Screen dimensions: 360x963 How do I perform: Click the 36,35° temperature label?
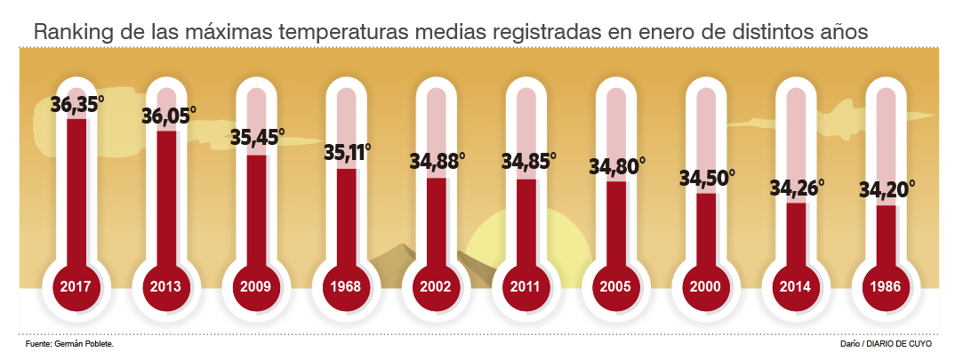click(x=77, y=106)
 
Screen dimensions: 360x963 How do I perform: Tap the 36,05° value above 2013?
click(x=169, y=117)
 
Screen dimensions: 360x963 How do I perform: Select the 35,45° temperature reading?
click(x=257, y=140)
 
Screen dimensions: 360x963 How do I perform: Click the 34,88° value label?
click(x=437, y=163)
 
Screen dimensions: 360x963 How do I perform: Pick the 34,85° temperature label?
click(x=528, y=163)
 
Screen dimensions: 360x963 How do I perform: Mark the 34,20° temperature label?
click(x=887, y=189)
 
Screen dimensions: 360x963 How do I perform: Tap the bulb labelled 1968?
click(x=346, y=287)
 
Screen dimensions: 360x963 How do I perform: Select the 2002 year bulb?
click(x=436, y=287)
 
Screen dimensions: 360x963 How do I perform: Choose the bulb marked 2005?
click(x=615, y=287)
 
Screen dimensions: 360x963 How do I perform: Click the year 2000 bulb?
click(x=705, y=287)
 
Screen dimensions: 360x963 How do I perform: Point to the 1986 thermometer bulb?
click(x=886, y=287)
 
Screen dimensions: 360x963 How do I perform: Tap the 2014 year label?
click(x=796, y=287)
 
